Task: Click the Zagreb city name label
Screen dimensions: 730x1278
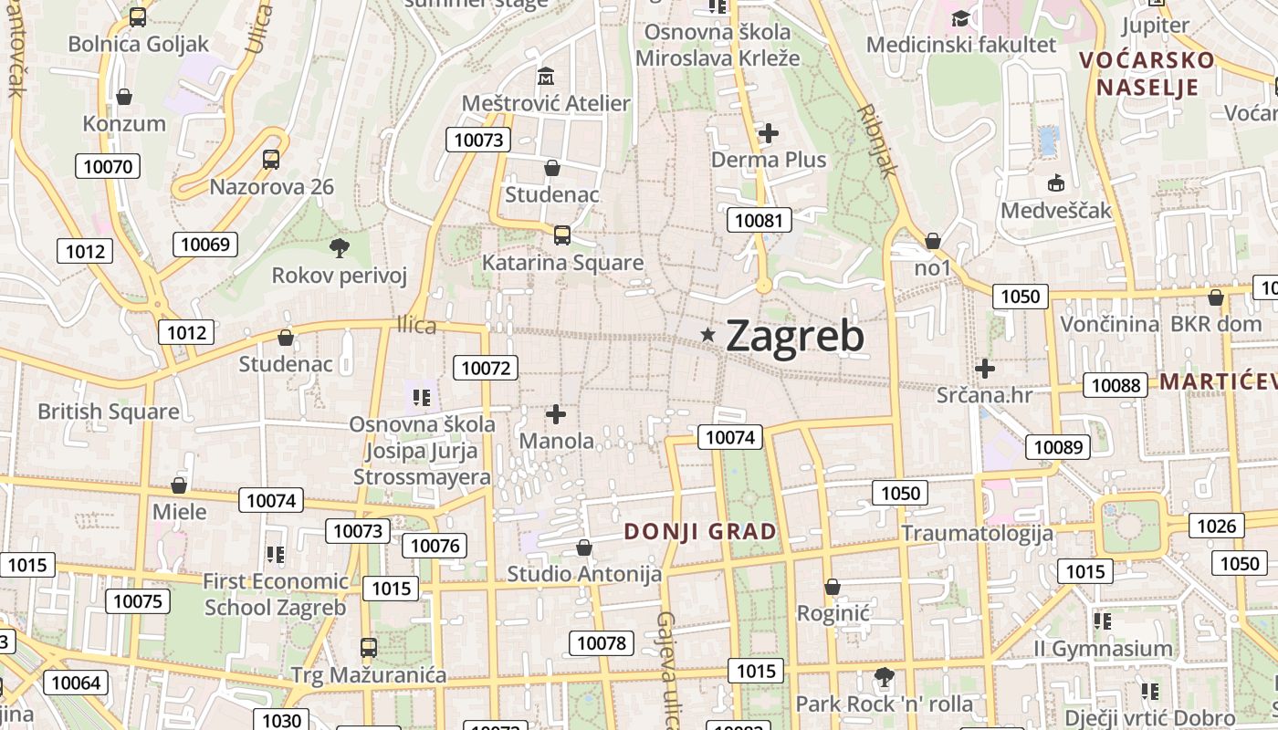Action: tap(794, 337)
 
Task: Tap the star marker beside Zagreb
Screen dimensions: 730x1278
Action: tap(707, 335)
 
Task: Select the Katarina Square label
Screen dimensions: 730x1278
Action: tap(562, 263)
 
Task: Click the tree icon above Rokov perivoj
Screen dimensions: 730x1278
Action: tap(339, 246)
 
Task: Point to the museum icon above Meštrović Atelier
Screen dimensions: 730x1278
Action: tap(546, 76)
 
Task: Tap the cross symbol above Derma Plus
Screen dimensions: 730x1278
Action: tap(769, 133)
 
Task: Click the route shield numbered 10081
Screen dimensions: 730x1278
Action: tap(759, 220)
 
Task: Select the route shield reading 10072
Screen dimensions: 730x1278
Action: tap(486, 368)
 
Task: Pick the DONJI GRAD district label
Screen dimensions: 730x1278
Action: tap(700, 531)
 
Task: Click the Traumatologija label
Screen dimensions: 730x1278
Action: tap(977, 533)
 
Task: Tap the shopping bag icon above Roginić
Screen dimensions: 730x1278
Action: tap(833, 586)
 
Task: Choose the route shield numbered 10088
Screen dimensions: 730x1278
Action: tap(1116, 385)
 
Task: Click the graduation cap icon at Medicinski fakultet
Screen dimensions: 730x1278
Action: tap(960, 18)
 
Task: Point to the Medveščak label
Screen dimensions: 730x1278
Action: tap(1055, 211)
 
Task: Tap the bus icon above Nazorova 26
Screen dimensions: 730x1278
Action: tap(271, 160)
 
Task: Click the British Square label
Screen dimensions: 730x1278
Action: tap(108, 412)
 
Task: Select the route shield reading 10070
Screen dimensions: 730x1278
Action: tap(108, 166)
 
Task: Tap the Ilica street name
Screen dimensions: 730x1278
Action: tap(416, 325)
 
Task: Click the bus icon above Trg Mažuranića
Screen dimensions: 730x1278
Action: tap(368, 648)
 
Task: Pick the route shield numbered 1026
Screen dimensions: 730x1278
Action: tap(1216, 526)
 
